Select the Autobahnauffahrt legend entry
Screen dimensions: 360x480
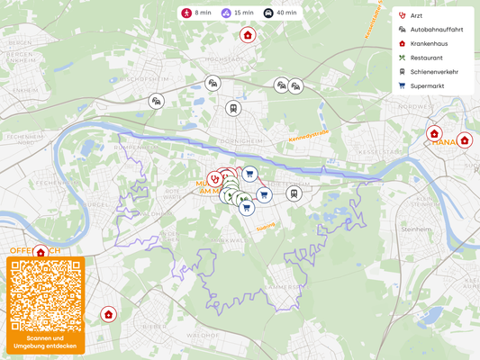[436, 30]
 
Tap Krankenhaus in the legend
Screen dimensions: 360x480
[428, 43]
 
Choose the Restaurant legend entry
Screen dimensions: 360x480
[426, 58]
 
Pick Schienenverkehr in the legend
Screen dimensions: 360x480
[433, 71]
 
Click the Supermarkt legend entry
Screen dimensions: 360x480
[427, 85]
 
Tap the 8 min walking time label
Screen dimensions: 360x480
[196, 13]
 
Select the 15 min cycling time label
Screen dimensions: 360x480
[236, 13]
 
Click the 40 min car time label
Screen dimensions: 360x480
[278, 13]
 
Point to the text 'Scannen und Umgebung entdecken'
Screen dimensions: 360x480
[45, 342]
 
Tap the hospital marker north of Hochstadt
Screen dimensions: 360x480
[248, 35]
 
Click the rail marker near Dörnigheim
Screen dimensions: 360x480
[233, 108]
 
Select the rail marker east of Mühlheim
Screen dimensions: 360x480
[294, 193]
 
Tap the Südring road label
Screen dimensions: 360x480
[266, 228]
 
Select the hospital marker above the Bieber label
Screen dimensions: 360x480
[108, 314]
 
